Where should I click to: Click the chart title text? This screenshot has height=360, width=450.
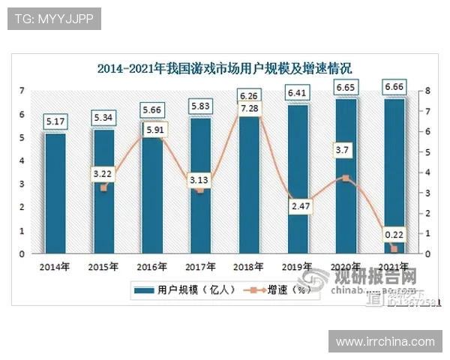pyautogui.click(x=225, y=69)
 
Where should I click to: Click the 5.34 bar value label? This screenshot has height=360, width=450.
pyautogui.click(x=103, y=118)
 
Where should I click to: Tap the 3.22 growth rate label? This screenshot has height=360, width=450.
pyautogui.click(x=103, y=174)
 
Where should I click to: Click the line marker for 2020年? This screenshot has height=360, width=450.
pyautogui.click(x=345, y=178)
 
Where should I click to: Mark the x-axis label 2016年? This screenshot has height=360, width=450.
pyautogui.click(x=151, y=266)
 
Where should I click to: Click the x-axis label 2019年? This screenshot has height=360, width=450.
pyautogui.click(x=297, y=266)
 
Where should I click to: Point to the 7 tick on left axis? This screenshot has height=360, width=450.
pyautogui.click(x=22, y=91)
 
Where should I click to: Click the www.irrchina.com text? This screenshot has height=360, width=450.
pyautogui.click(x=385, y=341)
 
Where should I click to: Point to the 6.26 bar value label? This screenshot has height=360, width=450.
pyautogui.click(x=249, y=95)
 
